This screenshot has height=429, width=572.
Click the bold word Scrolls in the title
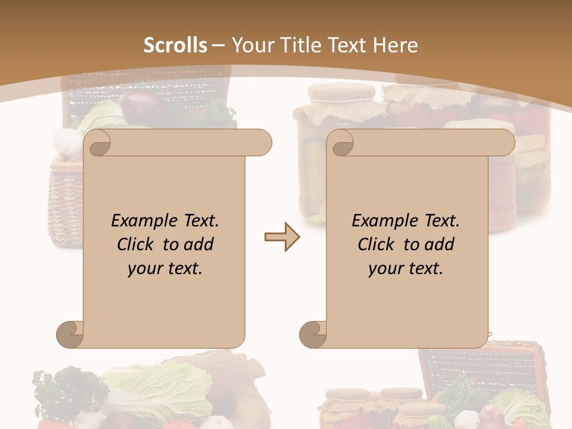[x=175, y=45]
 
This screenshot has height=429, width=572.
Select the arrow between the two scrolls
[x=282, y=237]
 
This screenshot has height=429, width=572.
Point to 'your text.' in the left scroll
[x=165, y=269]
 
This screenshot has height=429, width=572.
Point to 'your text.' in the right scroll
[x=406, y=269]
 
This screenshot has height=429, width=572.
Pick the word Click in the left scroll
[x=136, y=245]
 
